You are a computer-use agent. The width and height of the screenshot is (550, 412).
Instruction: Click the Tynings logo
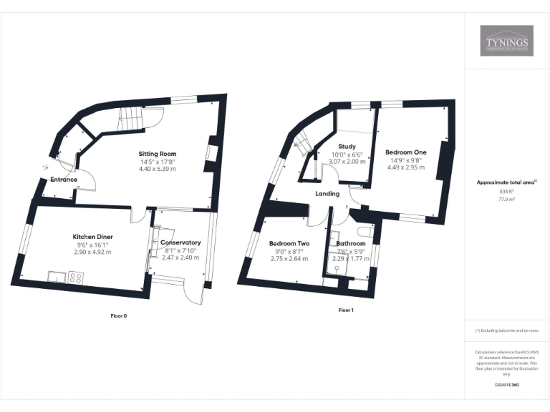506,41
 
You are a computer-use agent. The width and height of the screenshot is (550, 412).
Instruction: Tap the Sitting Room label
157,154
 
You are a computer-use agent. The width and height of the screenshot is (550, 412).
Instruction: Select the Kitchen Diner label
92,237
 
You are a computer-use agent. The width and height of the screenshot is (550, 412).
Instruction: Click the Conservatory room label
180,242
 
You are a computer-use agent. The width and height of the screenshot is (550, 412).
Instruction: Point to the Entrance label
63,180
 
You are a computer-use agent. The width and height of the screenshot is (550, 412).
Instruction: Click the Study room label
347,147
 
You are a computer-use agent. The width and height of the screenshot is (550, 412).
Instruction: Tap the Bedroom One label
405,152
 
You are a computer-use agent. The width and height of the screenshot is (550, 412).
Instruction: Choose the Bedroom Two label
289,243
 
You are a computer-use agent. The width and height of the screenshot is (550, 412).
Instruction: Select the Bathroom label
350,243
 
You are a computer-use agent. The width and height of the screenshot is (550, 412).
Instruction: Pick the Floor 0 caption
119,315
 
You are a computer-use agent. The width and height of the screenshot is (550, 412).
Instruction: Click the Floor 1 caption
346,310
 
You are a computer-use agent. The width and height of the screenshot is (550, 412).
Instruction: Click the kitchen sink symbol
56,277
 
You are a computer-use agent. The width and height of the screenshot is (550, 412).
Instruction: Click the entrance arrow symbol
46,167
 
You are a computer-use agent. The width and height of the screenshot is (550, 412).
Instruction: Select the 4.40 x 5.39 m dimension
157,169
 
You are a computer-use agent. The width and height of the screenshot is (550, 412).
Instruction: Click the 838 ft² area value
506,192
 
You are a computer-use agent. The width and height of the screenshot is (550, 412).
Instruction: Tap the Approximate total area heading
506,182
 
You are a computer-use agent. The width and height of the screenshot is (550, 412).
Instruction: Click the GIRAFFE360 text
506,386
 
